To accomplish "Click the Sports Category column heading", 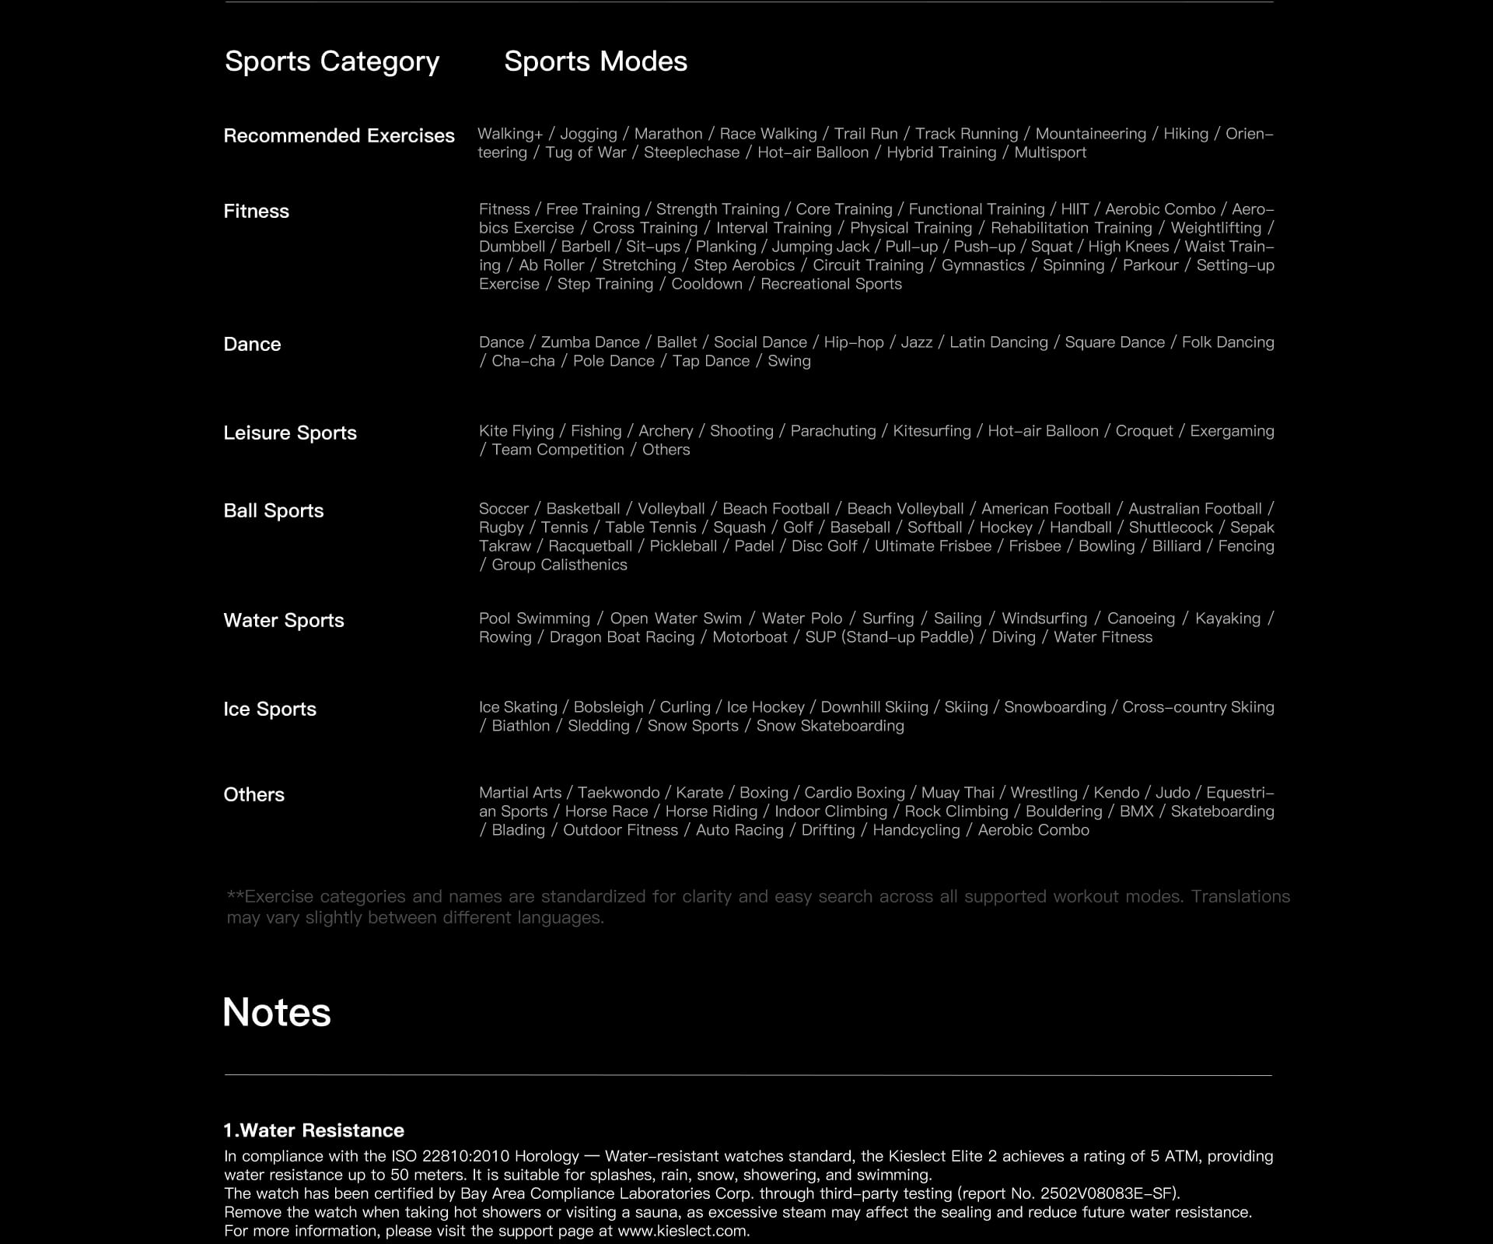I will tap(332, 61).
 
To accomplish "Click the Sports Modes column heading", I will tap(596, 61).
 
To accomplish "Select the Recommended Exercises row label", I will tap(339, 135).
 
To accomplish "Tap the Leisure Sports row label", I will tap(290, 433).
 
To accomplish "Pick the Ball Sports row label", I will tap(274, 510).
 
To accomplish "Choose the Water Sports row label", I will tap(284, 620).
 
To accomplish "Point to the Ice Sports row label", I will tap(270, 709).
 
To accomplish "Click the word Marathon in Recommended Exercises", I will tap(668, 134).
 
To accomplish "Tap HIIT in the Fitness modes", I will tap(1075, 209).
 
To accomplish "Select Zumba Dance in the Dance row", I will tap(590, 342).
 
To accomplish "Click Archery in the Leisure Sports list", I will tap(666, 431).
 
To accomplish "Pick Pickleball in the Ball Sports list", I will tap(684, 546).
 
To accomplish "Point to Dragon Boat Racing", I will tap(622, 637).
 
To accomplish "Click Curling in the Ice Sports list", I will tap(685, 707).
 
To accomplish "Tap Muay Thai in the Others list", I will tap(958, 793).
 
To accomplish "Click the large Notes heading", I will tap(277, 1012).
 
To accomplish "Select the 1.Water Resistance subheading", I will tap(314, 1130).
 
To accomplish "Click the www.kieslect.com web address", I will tap(683, 1231).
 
